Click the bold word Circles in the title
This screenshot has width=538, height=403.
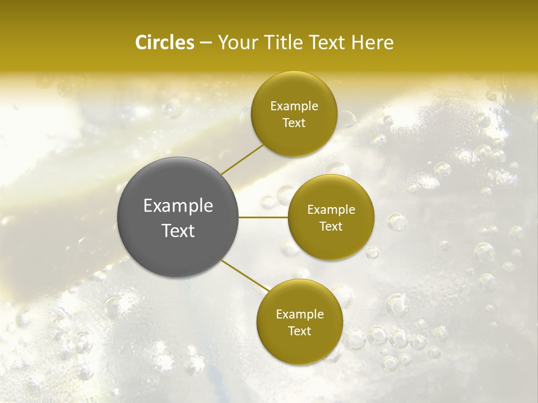click(x=164, y=43)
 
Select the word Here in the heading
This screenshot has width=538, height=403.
click(x=373, y=43)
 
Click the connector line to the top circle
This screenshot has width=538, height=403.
click(x=242, y=159)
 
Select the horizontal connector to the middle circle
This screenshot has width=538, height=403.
click(x=263, y=217)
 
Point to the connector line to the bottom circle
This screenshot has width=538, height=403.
click(x=244, y=275)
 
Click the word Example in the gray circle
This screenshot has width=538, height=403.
click(x=178, y=207)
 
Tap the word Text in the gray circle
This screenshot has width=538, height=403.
click(x=178, y=231)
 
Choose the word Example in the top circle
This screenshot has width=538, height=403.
click(x=294, y=106)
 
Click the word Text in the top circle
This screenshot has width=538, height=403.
click(x=294, y=123)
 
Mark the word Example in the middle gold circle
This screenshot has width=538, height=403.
click(x=331, y=210)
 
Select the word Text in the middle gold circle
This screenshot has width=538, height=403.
click(x=331, y=227)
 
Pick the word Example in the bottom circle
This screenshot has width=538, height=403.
click(x=300, y=315)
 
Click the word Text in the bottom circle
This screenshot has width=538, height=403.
click(x=300, y=331)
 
